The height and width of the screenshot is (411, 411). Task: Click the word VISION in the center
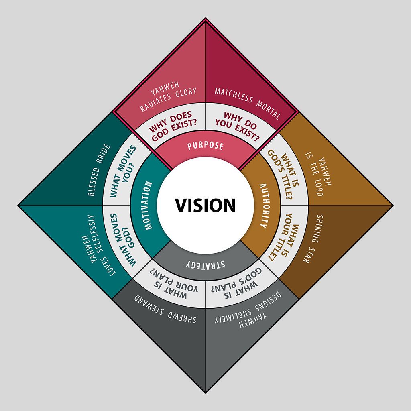pyautogui.click(x=205, y=205)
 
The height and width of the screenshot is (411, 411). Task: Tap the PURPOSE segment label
pyautogui.click(x=205, y=145)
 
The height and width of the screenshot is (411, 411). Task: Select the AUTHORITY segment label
pyautogui.click(x=263, y=205)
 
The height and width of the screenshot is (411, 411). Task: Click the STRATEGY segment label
pyautogui.click(x=205, y=265)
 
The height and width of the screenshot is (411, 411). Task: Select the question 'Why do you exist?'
pyautogui.click(x=240, y=123)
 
